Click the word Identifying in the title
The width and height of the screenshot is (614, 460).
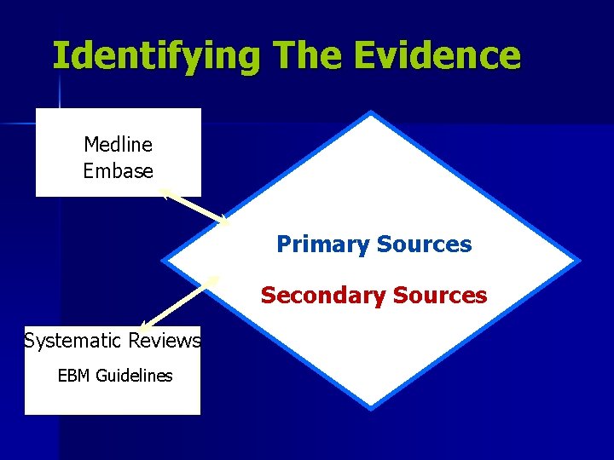point(156,55)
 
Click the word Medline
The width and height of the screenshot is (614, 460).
point(118,145)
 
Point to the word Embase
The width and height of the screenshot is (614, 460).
point(118,170)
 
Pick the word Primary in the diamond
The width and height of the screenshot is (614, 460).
point(322,245)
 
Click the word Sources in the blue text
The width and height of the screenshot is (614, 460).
point(424,245)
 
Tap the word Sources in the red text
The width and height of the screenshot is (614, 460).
point(440,296)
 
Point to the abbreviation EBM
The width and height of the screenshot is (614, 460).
point(75,376)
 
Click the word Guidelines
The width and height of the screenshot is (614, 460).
point(133,376)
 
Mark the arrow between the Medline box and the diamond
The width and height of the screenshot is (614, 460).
point(194,206)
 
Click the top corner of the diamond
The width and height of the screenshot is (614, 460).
point(371,114)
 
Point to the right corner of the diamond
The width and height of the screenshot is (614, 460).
point(578,260)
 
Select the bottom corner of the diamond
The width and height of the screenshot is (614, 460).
point(371,407)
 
